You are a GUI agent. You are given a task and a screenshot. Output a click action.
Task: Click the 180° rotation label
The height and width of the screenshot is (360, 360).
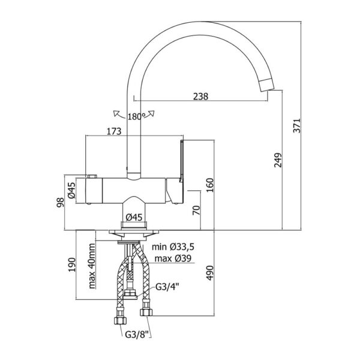point(134,116)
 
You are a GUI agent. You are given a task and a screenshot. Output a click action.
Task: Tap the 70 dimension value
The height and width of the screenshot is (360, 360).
point(196,211)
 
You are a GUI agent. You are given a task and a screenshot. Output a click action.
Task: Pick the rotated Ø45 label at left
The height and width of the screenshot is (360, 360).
point(70,189)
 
